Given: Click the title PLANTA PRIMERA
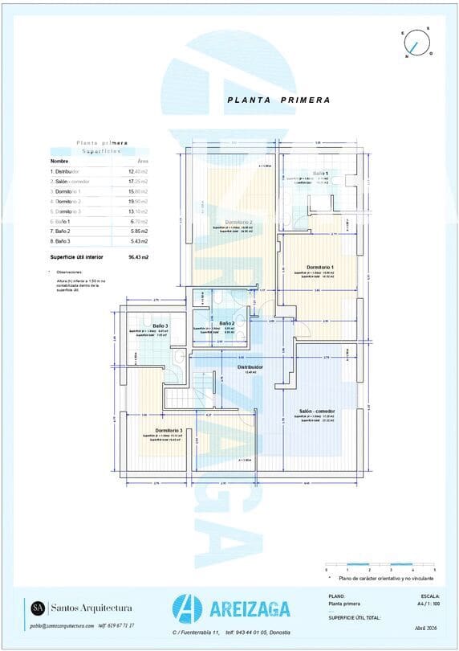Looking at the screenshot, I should pyautogui.click(x=278, y=100).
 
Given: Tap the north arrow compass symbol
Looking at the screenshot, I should pyautogui.click(x=416, y=43).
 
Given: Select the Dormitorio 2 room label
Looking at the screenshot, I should pyautogui.click(x=238, y=222).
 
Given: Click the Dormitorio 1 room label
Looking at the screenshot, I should pyautogui.click(x=319, y=267).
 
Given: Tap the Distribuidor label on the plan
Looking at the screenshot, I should pyautogui.click(x=250, y=366).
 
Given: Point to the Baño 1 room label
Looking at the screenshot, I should pyautogui.click(x=320, y=174).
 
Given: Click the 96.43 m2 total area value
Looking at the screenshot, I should pyautogui.click(x=139, y=257).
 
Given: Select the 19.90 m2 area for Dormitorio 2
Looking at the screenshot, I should pyautogui.click(x=139, y=202).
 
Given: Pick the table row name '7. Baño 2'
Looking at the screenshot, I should pyautogui.click(x=62, y=231).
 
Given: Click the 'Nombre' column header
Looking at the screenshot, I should pyautogui.click(x=59, y=161).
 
